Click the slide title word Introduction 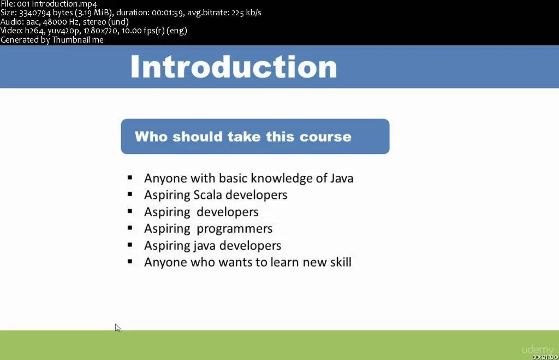tap(234, 66)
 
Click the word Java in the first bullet tap(342, 178)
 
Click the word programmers tap(235, 229)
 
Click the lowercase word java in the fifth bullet tap(202, 245)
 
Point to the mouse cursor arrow tap(117, 328)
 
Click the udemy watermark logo tap(538, 350)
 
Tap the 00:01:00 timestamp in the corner tap(545, 357)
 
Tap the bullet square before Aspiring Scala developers tap(130, 194)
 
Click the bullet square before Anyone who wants tap(130, 262)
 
